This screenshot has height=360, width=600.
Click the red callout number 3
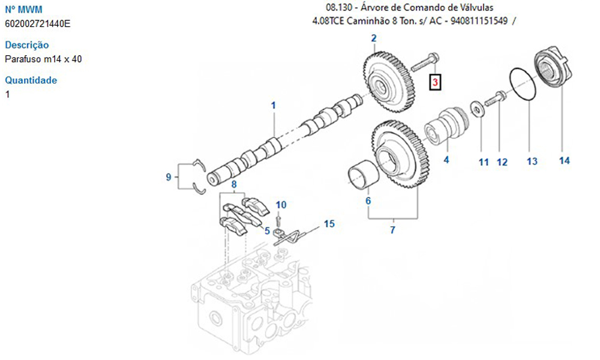pos(435,82)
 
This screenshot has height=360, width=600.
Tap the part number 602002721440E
pos(37,24)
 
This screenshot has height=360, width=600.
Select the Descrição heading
pos(27,45)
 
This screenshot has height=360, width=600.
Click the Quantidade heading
pos(31,80)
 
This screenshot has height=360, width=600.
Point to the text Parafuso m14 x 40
pos(43,59)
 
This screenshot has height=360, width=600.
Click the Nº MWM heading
pos(23,9)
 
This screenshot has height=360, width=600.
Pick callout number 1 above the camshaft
pos(273,105)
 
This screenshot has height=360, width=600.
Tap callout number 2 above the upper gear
pos(373,38)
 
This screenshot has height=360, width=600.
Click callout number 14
pos(565,161)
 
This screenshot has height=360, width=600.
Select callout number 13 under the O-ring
pos(532,161)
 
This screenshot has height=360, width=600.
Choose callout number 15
pos(329,223)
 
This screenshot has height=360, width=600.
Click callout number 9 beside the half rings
pos(169,177)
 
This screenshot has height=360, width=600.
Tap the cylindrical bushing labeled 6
pos(364,175)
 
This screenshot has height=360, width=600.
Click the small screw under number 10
pos(278,220)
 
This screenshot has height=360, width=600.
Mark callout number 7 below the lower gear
pos(392,230)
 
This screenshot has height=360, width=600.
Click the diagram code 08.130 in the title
pos(339,7)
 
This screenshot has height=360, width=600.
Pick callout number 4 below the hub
pos(446,160)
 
